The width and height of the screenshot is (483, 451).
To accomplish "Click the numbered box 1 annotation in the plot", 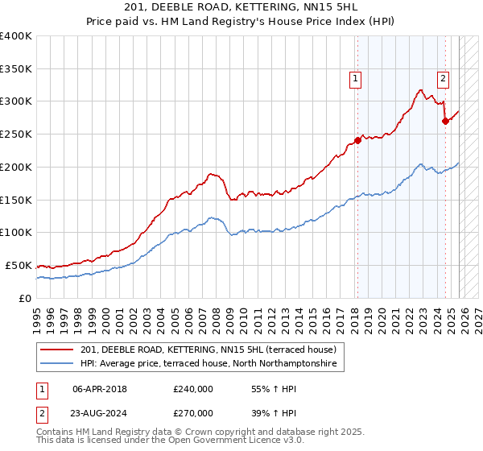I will pos(355,78).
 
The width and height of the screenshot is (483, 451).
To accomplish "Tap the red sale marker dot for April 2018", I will pos(357,139).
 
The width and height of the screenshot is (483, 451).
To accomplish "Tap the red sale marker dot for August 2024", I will pos(445,120).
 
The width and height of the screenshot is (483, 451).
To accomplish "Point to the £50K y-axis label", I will pos(18,265).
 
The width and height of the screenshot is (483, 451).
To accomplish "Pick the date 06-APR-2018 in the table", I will pos(100,388).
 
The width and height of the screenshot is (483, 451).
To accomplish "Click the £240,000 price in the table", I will pos(193,388).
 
